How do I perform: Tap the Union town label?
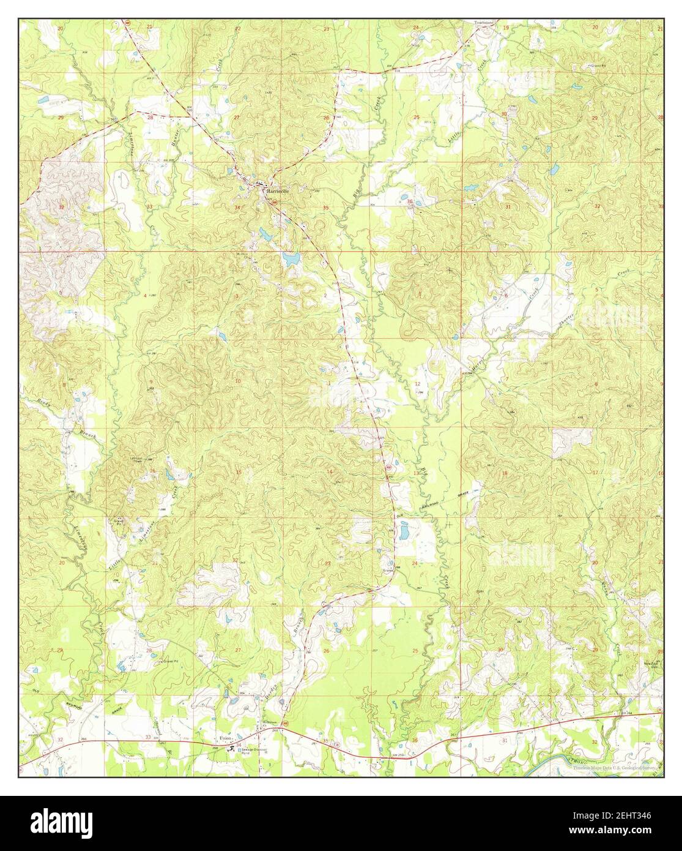coord(225,738)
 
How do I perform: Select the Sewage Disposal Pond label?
coord(253,750)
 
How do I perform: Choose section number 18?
coord(505,473)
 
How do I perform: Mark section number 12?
coord(417,384)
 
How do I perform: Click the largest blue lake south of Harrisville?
coord(289,260)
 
